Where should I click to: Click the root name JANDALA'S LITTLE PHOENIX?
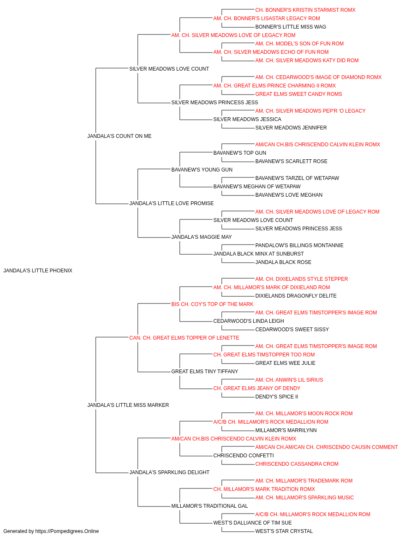38,271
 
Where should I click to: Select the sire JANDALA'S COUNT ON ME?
119,136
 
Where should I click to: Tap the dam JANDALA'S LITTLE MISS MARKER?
128,405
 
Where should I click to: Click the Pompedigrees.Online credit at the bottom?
51,531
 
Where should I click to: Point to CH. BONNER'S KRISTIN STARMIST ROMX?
305,10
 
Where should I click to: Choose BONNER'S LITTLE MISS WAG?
291,27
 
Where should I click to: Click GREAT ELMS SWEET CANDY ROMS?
299,94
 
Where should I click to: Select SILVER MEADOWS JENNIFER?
291,128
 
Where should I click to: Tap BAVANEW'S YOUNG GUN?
202,170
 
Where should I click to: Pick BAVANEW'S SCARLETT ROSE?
291,161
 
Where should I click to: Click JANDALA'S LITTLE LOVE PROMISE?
171,203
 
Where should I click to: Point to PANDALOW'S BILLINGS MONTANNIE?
299,245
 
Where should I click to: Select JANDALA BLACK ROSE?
283,262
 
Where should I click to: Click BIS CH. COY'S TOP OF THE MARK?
212,304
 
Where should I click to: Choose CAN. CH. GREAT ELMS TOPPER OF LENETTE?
184,338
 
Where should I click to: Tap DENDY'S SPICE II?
276,397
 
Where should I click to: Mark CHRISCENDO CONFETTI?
244,456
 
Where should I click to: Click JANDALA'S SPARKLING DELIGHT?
169,472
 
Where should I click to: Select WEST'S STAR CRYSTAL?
284,531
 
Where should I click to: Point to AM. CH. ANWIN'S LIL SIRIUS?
289,380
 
